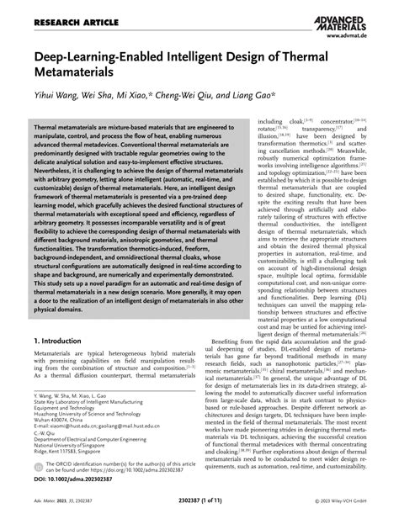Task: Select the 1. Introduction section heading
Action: point(65,341)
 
